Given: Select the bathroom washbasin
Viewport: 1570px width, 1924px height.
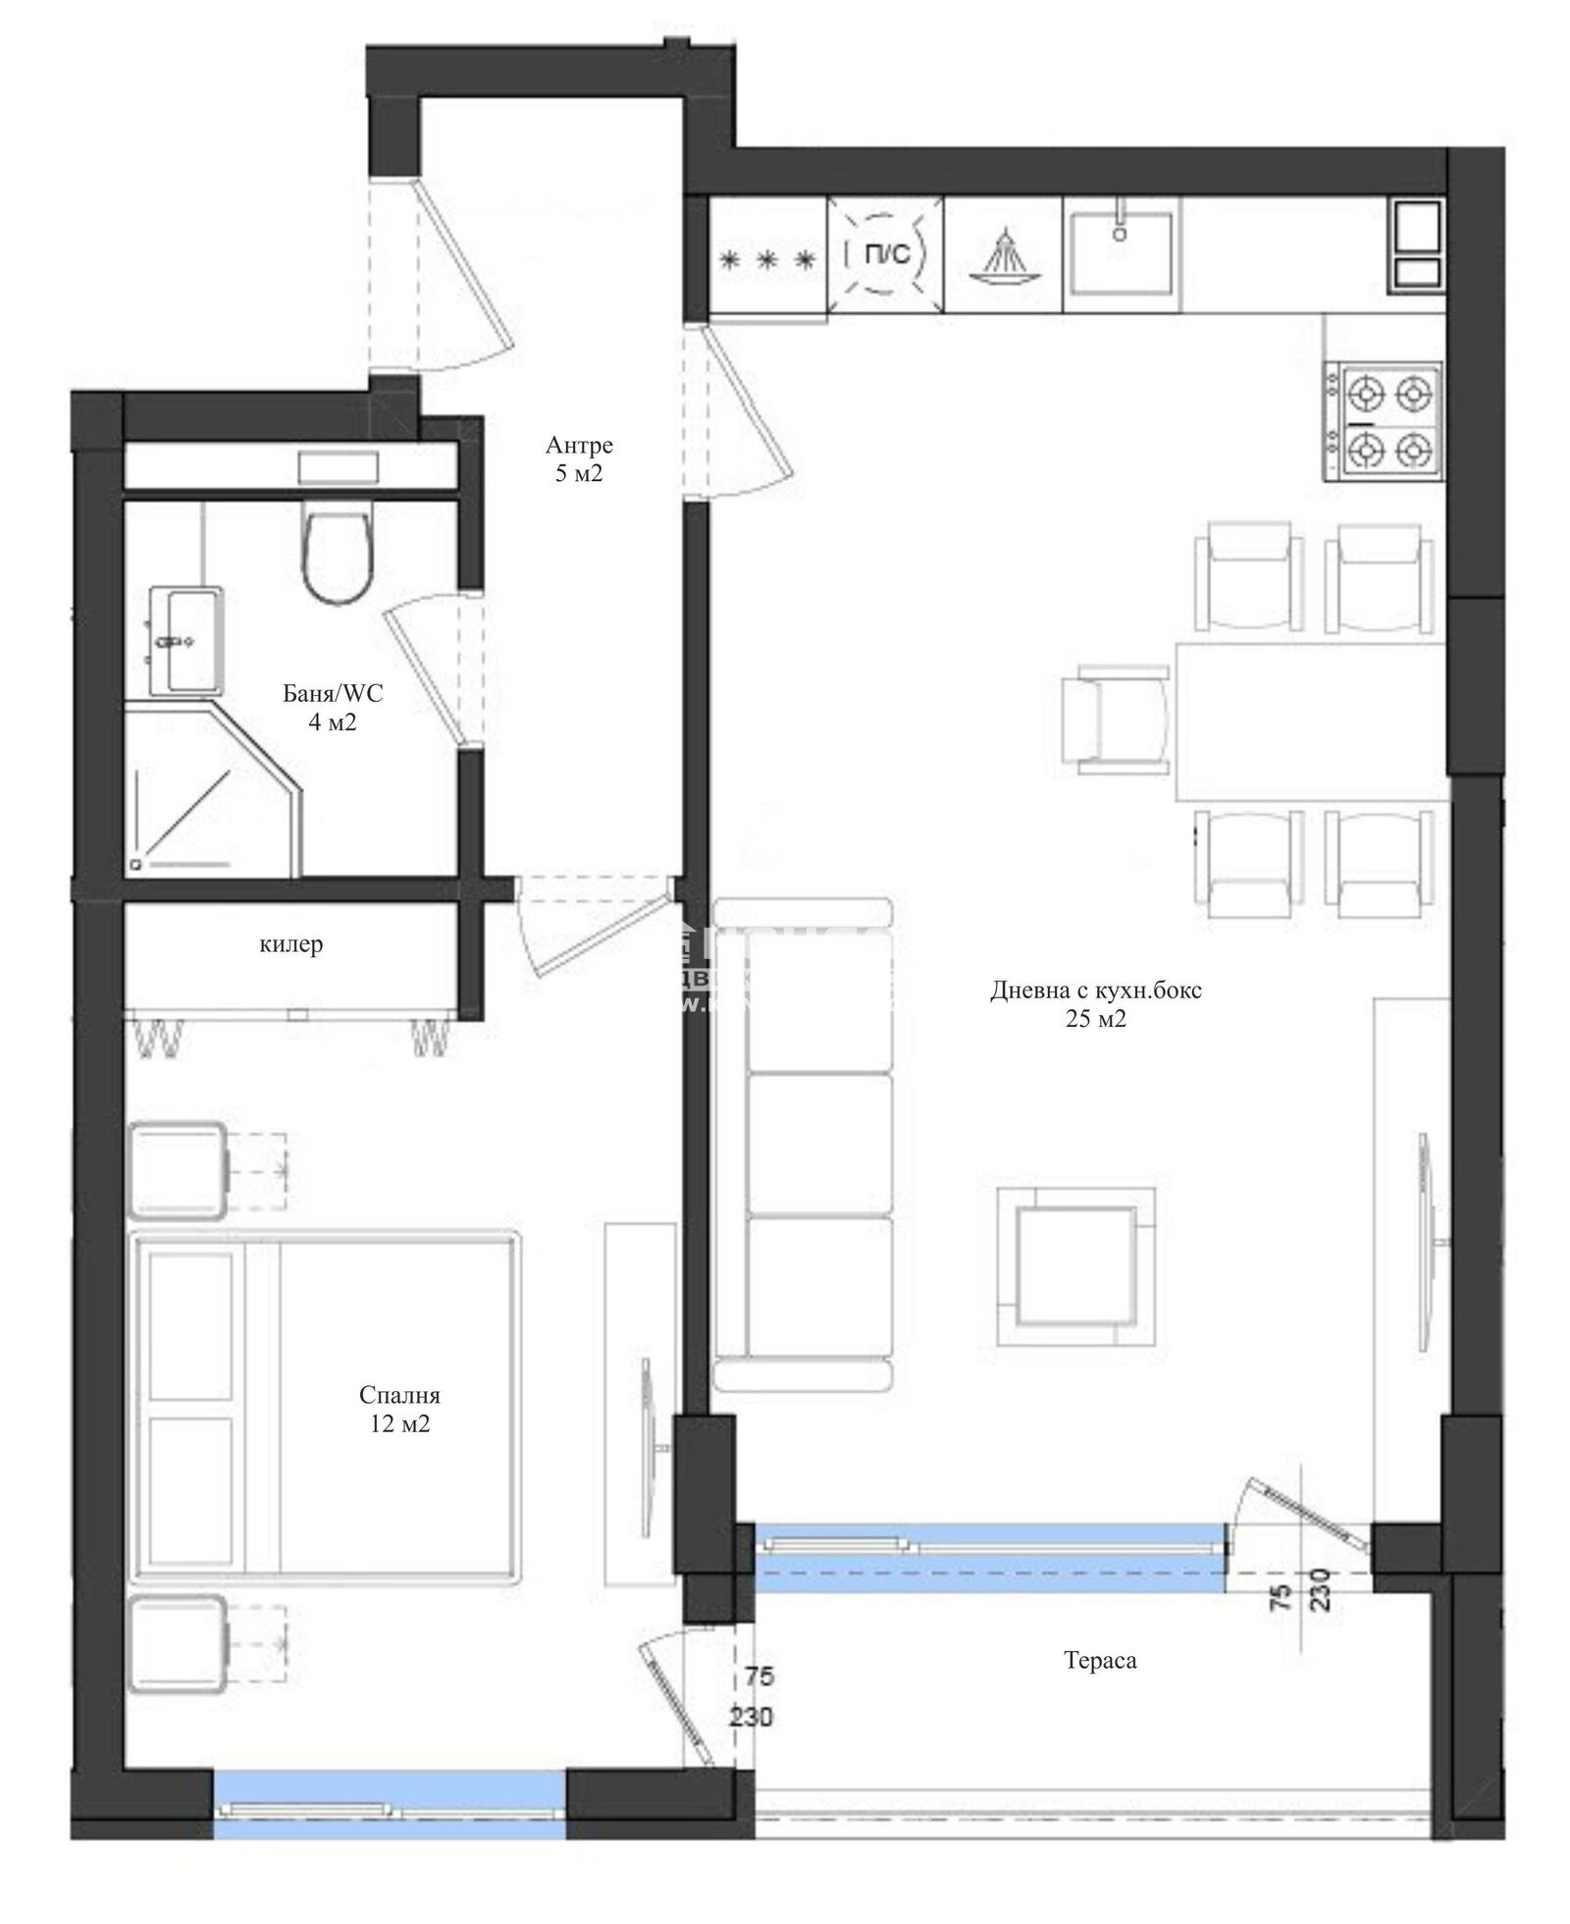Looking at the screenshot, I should pyautogui.click(x=186, y=640).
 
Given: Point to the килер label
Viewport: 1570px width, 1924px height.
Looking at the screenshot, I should pyautogui.click(x=290, y=944).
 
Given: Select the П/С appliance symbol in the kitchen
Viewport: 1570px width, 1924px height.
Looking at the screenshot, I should pyautogui.click(x=884, y=256).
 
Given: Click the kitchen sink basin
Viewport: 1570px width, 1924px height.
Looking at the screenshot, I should pyautogui.click(x=1120, y=252).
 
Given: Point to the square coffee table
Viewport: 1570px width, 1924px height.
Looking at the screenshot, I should pyautogui.click(x=1075, y=1265).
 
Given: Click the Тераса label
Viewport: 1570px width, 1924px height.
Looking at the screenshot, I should pyautogui.click(x=1100, y=1661).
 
